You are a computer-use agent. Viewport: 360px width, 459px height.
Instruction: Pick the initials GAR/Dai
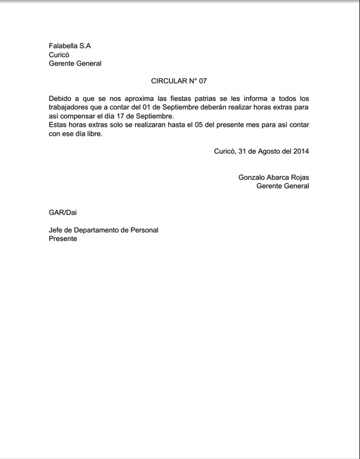(63, 212)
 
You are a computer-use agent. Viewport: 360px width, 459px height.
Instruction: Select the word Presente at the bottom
(63, 239)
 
